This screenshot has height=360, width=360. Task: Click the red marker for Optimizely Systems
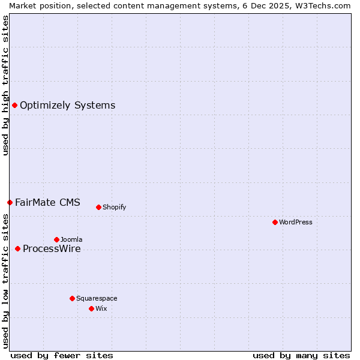pyautogui.click(x=14, y=106)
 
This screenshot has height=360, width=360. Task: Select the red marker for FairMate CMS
pyautogui.click(x=10, y=203)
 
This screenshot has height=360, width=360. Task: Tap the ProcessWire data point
pyautogui.click(x=17, y=249)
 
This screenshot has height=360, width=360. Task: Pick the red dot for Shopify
pyautogui.click(x=98, y=208)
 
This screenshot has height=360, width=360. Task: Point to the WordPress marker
pyautogui.click(x=275, y=223)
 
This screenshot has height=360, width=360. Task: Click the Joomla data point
pyautogui.click(x=56, y=240)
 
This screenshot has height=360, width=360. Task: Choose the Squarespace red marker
pyautogui.click(x=72, y=298)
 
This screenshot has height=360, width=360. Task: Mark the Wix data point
pyautogui.click(x=91, y=309)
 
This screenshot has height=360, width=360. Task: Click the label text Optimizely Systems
pyautogui.click(x=67, y=106)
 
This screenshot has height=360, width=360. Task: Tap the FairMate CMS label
pyautogui.click(x=47, y=203)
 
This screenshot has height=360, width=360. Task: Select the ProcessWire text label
pyautogui.click(x=52, y=249)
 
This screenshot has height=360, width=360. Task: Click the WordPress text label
pyautogui.click(x=296, y=223)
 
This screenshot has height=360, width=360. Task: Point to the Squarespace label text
pyautogui.click(x=97, y=298)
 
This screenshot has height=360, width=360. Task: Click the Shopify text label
pyautogui.click(x=114, y=208)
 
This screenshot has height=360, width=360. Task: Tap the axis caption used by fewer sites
pyautogui.click(x=62, y=356)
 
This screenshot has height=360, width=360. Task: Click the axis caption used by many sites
pyautogui.click(x=301, y=356)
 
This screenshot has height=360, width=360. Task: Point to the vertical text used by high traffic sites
pyautogui.click(x=5, y=85)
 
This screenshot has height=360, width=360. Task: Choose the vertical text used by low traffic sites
pyautogui.click(x=5, y=281)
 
